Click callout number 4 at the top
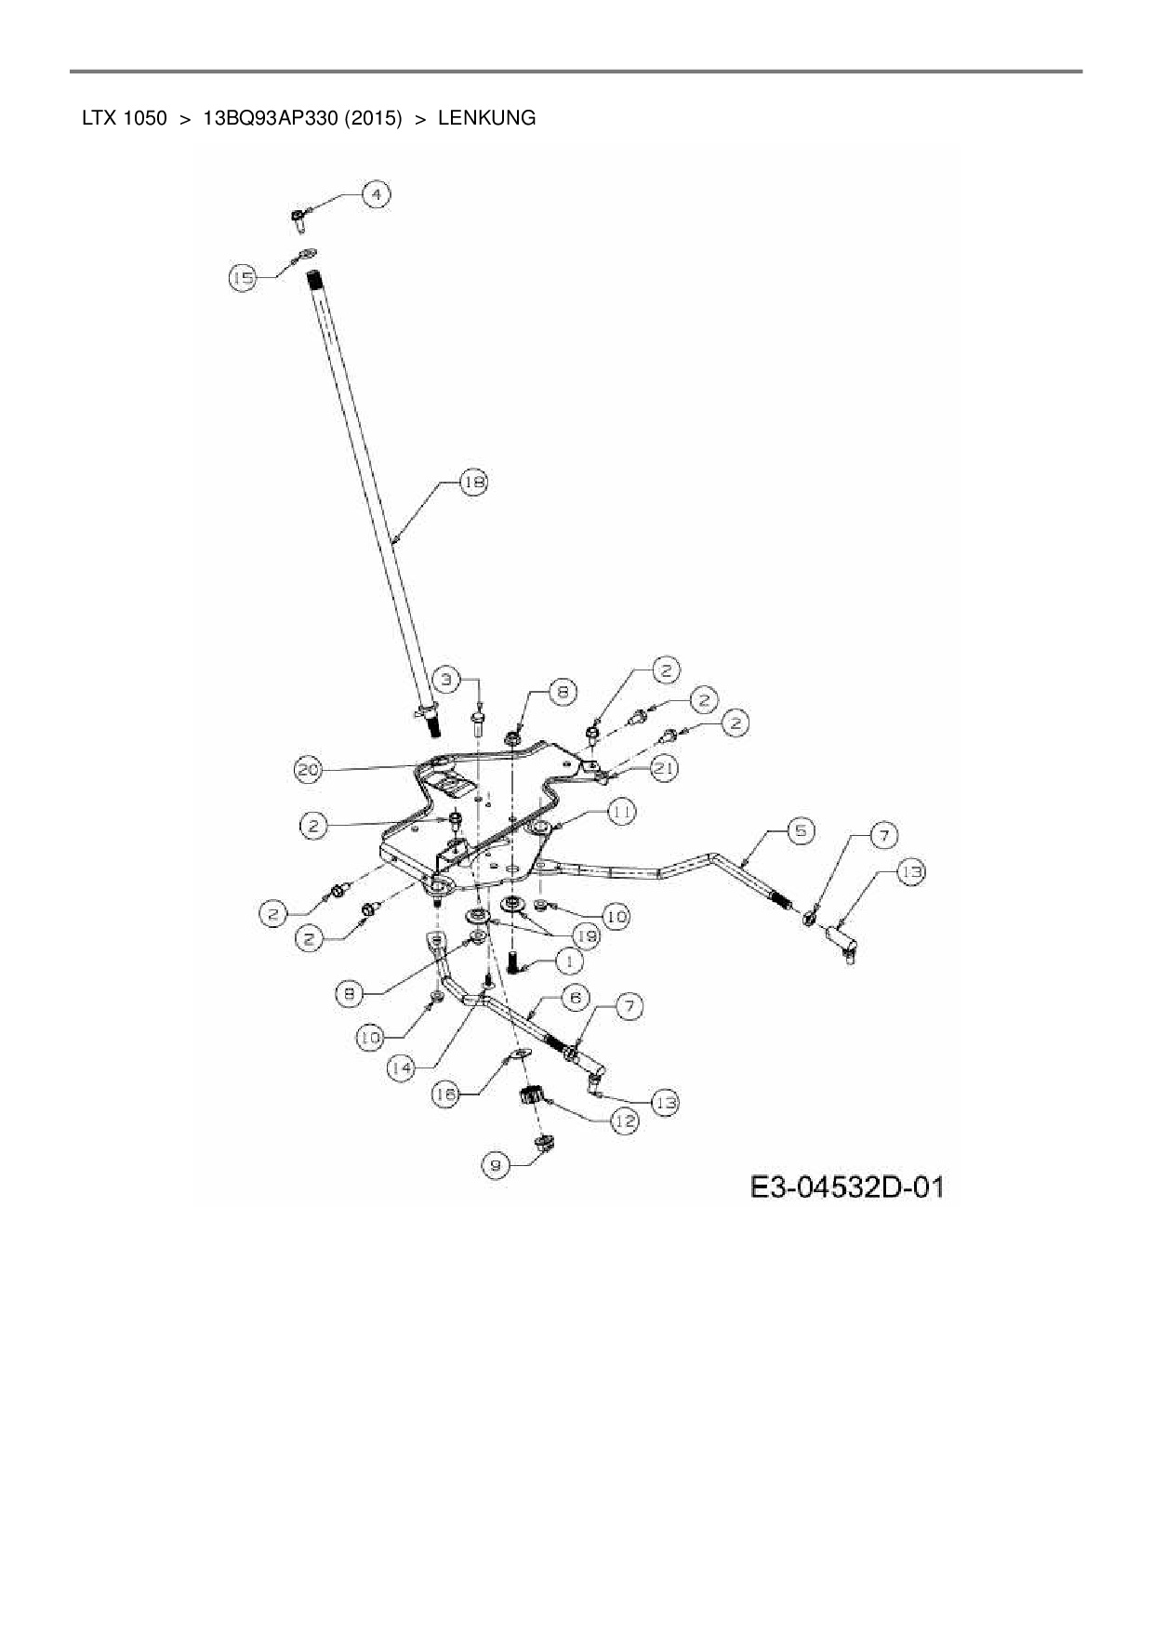tap(376, 195)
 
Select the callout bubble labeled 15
tap(244, 277)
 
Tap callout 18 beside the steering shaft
tap(474, 483)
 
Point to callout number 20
tap(310, 770)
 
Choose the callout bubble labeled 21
tap(665, 768)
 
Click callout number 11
tap(622, 812)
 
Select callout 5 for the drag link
tap(801, 829)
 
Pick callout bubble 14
tap(402, 1068)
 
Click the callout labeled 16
tap(446, 1095)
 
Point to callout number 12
tap(624, 1122)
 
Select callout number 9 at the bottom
tap(496, 1162)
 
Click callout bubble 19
tap(585, 935)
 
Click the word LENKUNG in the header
tap(486, 119)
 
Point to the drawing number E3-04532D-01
tap(847, 1187)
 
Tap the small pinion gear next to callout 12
tap(531, 1095)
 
